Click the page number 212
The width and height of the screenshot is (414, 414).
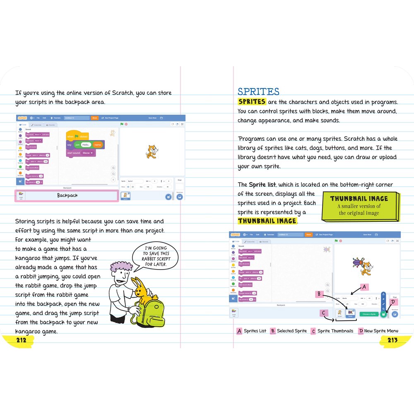coord(21,340)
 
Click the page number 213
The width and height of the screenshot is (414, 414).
coord(392,340)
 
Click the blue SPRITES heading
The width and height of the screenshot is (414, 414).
coord(258,91)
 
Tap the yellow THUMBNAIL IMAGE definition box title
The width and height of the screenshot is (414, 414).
coord(359,199)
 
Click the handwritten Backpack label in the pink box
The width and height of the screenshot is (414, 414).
coord(67,195)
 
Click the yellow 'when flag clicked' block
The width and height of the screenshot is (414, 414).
coord(77,136)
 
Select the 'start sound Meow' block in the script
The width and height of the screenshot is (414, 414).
coord(81,153)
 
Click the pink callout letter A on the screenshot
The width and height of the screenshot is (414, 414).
coord(364,286)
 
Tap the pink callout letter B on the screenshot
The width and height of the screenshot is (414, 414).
coord(319,294)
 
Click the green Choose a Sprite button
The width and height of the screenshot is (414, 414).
coord(368,314)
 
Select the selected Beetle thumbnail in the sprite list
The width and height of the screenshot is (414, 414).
coord(351,314)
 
